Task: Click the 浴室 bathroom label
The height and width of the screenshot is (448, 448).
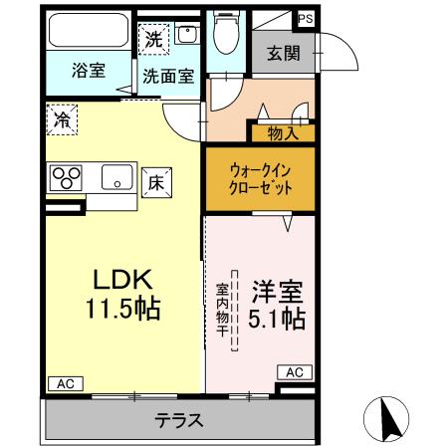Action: pos(89,71)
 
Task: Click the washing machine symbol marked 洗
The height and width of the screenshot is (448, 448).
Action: pos(152,40)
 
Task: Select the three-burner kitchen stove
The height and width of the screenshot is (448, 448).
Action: pos(67,178)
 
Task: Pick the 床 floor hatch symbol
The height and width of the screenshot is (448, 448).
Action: pos(156,183)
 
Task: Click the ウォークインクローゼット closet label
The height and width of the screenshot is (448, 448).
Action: pos(260,179)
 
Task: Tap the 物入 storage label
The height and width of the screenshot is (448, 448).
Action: pos(282,132)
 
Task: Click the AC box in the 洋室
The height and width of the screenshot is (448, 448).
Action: pos(295,371)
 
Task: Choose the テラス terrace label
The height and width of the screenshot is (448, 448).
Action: pos(179,420)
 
